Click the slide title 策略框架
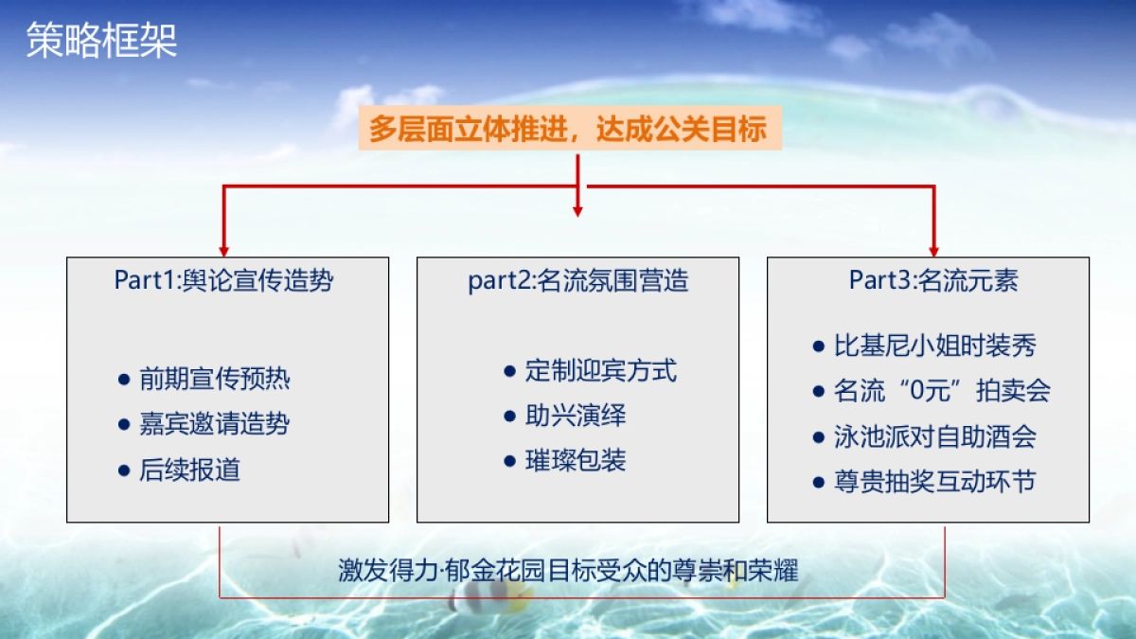tap(100, 42)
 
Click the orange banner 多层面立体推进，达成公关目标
tap(569, 129)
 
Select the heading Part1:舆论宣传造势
tap(224, 280)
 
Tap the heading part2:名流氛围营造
tap(577, 280)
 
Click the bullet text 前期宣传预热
tap(214, 380)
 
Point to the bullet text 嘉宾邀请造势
tap(214, 424)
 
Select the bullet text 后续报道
tap(189, 470)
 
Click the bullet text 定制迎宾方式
tap(601, 370)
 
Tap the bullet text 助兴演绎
tap(576, 416)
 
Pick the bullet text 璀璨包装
tap(576, 461)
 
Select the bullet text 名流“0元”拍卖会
tap(942, 391)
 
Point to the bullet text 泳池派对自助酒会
tap(935, 436)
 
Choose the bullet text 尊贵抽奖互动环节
tap(935, 482)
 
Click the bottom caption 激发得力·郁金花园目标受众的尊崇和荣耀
tap(569, 571)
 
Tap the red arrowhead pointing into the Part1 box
tap(224, 249)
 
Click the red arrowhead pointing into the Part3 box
tap(933, 249)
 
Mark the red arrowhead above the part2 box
tap(577, 210)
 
